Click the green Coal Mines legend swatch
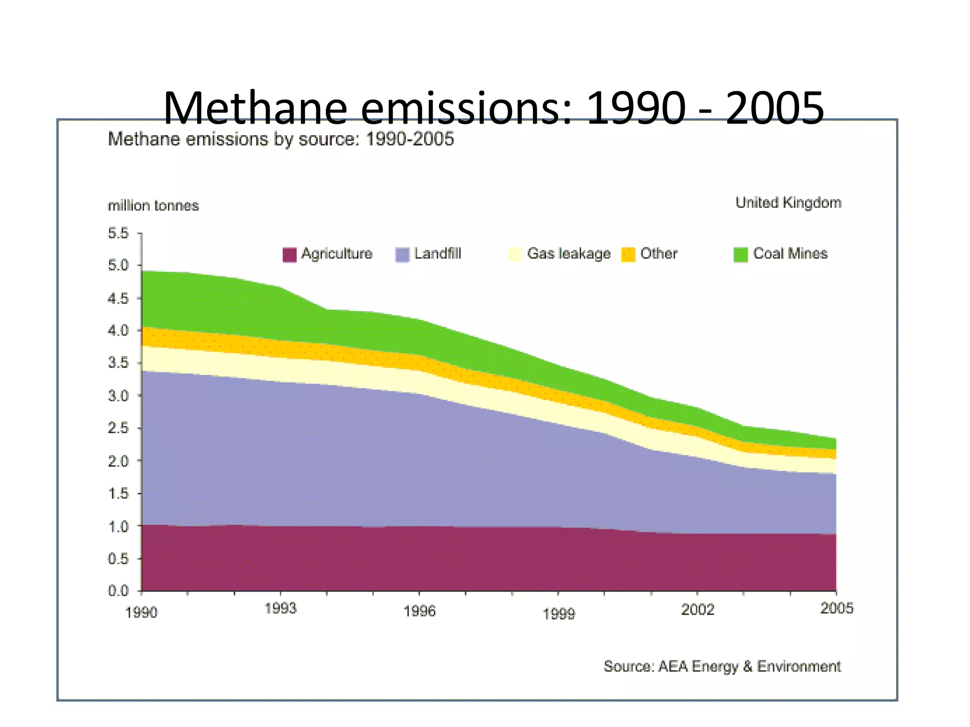point(740,254)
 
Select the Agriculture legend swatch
point(289,254)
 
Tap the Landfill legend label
point(437,254)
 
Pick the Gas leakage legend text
point(568,254)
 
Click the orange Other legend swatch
point(628,254)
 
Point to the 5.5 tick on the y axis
point(118,233)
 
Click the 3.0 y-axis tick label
point(118,396)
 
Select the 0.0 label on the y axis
point(118,591)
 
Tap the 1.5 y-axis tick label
point(118,494)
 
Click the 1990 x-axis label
point(141,612)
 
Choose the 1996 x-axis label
point(419,611)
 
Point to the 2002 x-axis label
point(697,609)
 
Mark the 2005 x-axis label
point(836,608)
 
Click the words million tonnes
point(153,206)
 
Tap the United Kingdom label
point(788,203)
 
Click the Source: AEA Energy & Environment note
point(722,666)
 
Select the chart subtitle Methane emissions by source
point(280,139)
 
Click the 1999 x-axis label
point(558,614)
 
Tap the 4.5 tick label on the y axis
point(118,299)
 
